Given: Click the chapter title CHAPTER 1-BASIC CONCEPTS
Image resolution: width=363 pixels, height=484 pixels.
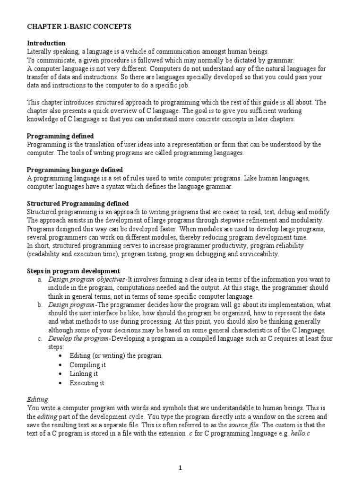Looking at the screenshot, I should [78, 27].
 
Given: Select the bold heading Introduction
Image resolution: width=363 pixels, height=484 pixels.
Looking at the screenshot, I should [46, 43].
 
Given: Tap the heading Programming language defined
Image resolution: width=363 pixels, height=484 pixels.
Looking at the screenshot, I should [75, 170].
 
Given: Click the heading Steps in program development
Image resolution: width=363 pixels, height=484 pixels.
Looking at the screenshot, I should [73, 271].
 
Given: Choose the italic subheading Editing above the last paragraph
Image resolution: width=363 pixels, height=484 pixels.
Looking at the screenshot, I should [37, 399].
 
